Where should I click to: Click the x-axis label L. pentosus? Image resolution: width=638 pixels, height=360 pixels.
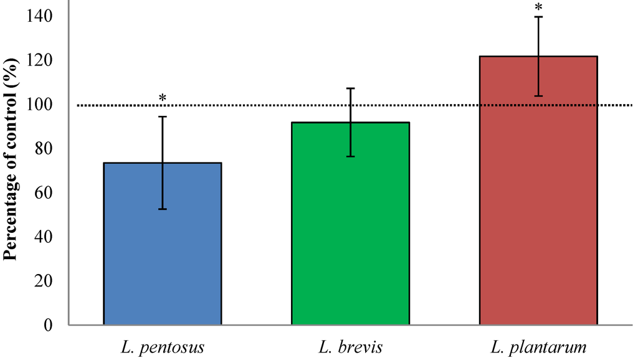coord(163,346)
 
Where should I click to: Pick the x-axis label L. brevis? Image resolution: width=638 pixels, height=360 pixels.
coord(351,346)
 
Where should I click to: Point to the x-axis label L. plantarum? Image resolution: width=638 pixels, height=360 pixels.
coord(539,346)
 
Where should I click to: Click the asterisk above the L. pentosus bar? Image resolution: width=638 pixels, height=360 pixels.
coord(163,98)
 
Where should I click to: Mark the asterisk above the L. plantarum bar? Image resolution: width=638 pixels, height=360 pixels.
coord(538,8)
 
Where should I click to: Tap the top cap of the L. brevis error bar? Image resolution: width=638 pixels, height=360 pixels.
coord(351,88)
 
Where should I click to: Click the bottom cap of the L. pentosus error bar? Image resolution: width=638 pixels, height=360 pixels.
coord(163,209)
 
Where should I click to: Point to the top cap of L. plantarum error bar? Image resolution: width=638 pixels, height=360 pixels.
coord(538,17)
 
